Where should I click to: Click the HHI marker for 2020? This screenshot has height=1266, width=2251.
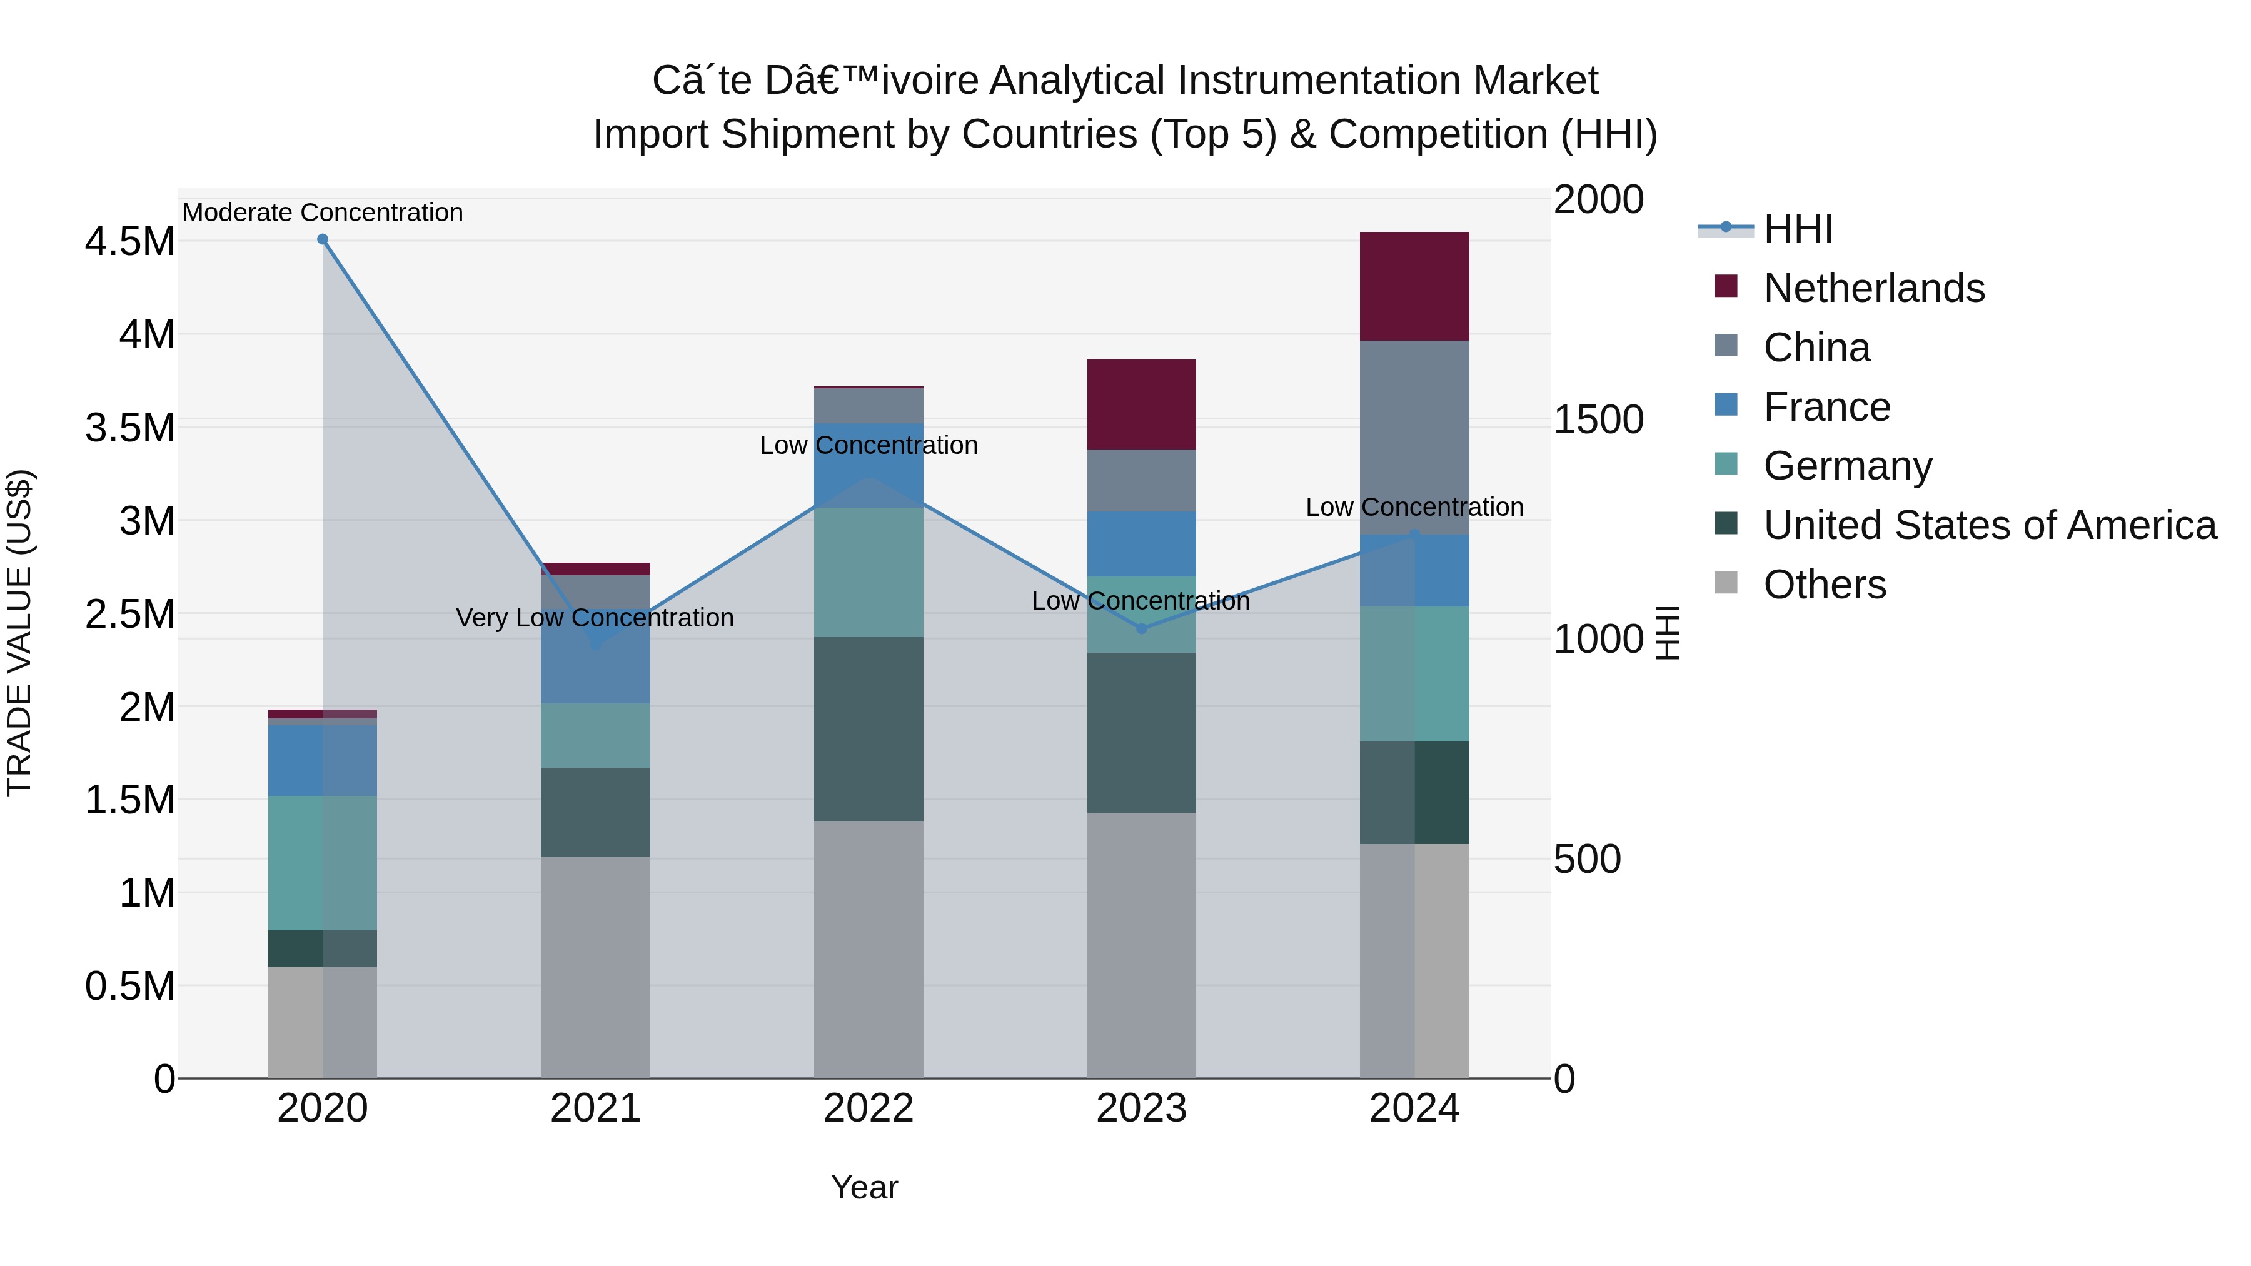[x=323, y=239]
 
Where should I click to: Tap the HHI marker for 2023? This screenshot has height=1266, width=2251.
[x=1141, y=628]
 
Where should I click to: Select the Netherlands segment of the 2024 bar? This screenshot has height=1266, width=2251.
[x=1415, y=286]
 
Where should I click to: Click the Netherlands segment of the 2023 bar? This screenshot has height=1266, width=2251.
[x=1141, y=404]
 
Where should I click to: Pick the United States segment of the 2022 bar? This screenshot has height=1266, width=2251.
[x=869, y=729]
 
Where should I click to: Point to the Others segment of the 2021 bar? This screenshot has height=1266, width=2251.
[x=595, y=967]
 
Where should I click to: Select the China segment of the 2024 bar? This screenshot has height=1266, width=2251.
[x=1415, y=437]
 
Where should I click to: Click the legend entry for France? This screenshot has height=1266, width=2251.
[x=1826, y=407]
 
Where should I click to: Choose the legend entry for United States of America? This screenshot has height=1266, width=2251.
[x=1990, y=525]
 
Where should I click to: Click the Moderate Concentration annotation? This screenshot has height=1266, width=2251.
[x=323, y=213]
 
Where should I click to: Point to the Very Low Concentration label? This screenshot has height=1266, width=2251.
[x=595, y=618]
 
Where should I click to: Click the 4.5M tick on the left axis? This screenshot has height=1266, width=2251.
[x=129, y=242]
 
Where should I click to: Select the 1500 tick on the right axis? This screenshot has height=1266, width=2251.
[x=1598, y=419]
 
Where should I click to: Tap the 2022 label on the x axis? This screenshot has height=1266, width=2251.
[x=869, y=1108]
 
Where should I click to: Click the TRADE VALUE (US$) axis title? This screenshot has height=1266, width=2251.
[x=19, y=633]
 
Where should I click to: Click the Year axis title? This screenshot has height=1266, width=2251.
[x=864, y=1187]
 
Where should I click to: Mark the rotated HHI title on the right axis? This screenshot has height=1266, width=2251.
[x=1667, y=633]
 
